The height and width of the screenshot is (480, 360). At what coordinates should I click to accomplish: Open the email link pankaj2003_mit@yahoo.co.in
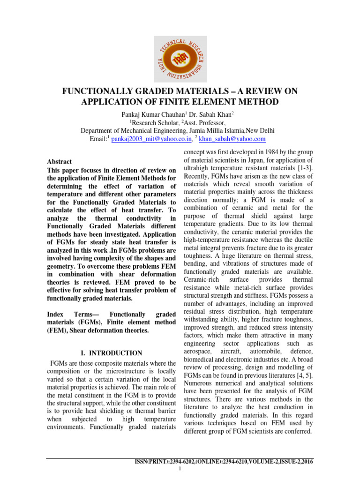152,139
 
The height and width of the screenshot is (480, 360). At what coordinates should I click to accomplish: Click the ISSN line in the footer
224,462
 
